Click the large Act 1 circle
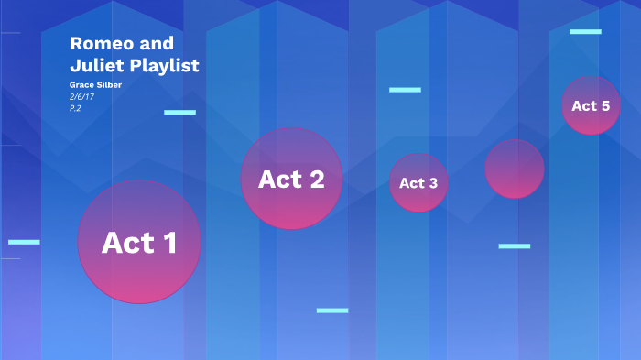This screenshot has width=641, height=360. [139, 242]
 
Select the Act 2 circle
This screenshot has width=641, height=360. [291, 179]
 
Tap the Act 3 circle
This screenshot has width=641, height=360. [418, 182]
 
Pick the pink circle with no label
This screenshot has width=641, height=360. [515, 169]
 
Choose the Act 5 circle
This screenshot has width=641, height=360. [591, 105]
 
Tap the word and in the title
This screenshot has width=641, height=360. [153, 44]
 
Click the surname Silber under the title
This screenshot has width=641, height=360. [108, 85]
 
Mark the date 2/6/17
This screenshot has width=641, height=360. [82, 96]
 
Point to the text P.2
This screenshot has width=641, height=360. [76, 108]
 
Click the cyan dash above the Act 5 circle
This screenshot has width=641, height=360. [585, 32]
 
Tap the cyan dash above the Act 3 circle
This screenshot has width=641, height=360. [405, 90]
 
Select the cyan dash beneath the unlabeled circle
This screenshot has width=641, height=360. [515, 246]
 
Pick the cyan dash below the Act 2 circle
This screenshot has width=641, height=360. [332, 311]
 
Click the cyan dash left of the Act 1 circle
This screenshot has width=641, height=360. [24, 242]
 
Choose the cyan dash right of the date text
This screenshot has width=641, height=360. [179, 113]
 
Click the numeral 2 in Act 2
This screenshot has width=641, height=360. [315, 180]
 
